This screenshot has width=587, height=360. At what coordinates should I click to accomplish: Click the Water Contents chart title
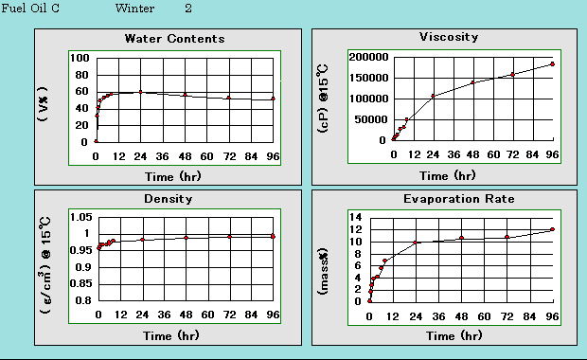coord(175,39)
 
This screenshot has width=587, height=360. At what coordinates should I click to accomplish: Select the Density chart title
coord(169,199)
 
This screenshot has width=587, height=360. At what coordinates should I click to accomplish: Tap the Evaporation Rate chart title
coord(458,199)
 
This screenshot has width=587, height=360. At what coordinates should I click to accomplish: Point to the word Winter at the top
coord(134,9)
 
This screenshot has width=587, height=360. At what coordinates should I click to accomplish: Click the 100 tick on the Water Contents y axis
coord(80,58)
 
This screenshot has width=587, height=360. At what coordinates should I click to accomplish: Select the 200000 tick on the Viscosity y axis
coord(365,57)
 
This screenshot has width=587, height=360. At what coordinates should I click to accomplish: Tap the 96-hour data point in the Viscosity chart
coord(552,64)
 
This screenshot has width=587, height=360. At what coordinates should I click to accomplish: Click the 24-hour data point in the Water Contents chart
coord(141,92)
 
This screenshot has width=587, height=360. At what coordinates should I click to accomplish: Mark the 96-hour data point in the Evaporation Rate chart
coord(552,229)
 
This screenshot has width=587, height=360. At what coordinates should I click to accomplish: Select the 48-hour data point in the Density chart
coord(186,238)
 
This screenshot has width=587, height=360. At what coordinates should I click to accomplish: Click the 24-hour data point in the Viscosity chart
coord(432,96)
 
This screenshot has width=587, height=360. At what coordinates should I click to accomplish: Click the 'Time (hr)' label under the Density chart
coord(171,335)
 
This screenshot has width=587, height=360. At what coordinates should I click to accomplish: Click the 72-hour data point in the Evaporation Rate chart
coord(507,237)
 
